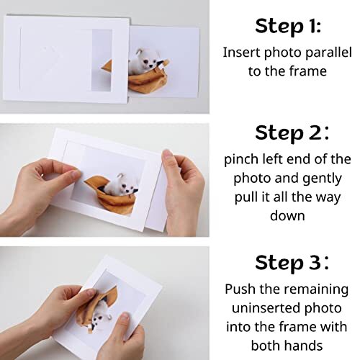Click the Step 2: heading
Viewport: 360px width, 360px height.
pyautogui.click(x=292, y=133)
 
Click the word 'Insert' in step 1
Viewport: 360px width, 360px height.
pyautogui.click(x=240, y=52)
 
